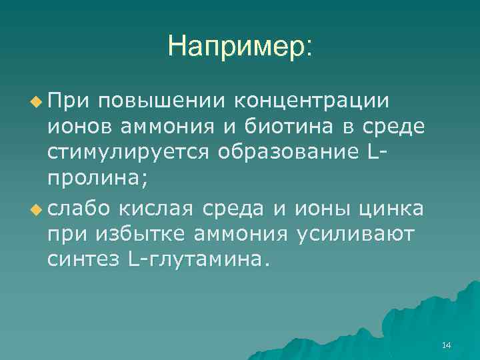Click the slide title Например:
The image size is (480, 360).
coord(240,45)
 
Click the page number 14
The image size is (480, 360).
coord(446,345)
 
